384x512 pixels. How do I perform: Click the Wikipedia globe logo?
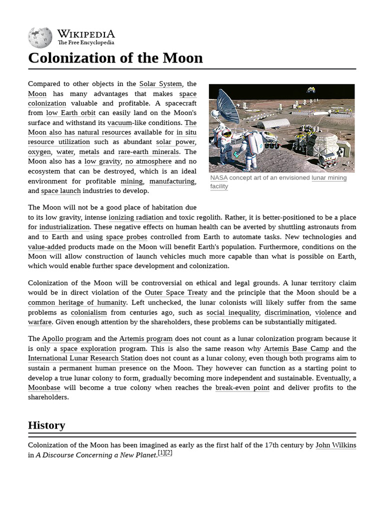point(40,37)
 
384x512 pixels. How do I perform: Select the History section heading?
point(46,425)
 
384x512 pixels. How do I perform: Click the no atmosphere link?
point(148,161)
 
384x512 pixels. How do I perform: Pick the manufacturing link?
point(172,181)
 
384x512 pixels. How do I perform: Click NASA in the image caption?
point(218,178)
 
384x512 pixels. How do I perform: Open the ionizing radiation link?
point(136,217)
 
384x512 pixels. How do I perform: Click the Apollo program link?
point(66,338)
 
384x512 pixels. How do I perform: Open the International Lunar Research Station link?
point(85,358)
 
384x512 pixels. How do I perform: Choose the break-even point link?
point(242,387)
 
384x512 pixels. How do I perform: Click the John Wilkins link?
point(335,445)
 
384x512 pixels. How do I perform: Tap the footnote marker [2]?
point(168,453)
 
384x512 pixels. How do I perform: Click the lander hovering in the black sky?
point(310,90)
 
